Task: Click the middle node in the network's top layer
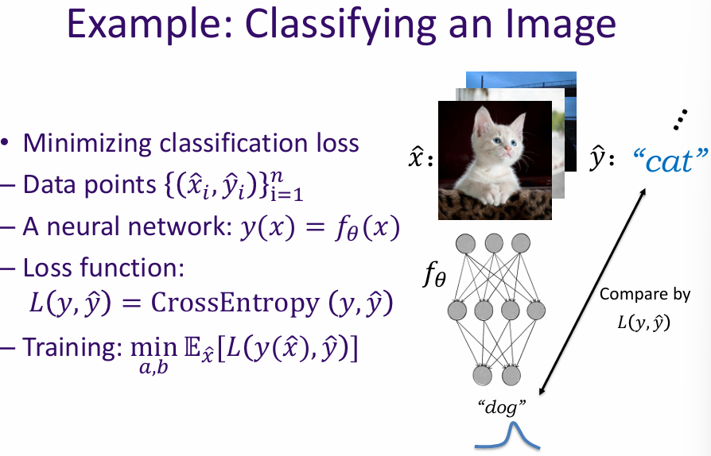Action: coord(493,242)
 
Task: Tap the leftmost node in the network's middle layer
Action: coord(457,307)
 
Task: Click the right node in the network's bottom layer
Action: coord(511,373)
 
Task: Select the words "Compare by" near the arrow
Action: coord(645,294)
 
